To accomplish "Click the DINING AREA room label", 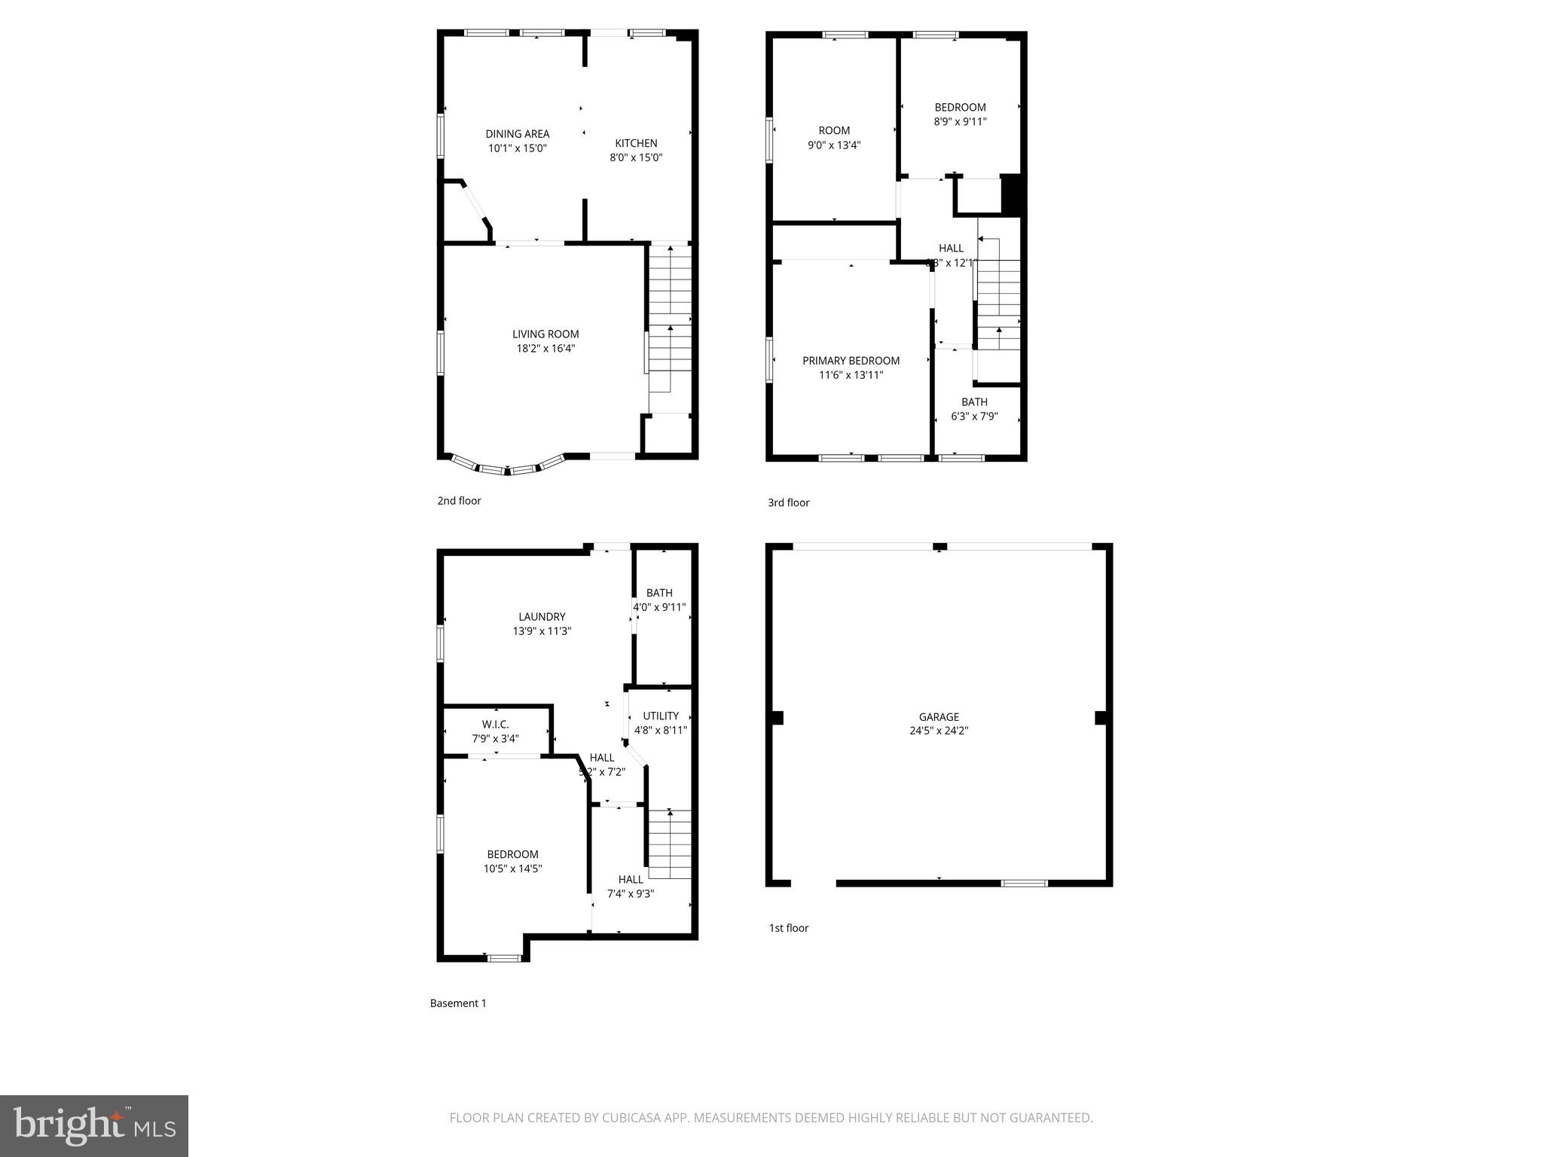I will [517, 134].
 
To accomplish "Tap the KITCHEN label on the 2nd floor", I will [636, 143].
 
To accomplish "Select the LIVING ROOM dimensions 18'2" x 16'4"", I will [545, 349].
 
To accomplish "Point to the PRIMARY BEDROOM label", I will [851, 361].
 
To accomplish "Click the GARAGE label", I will [938, 717].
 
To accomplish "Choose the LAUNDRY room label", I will [542, 617].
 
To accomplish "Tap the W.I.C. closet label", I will [495, 725].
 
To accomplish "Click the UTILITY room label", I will [661, 716].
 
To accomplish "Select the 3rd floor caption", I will [788, 502].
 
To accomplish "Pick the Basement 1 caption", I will [458, 1003].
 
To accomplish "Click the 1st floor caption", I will [788, 928].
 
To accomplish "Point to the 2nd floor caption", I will [459, 501].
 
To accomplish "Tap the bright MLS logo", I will [94, 1125].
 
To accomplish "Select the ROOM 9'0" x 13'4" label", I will [834, 138].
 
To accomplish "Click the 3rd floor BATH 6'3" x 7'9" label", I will [974, 409].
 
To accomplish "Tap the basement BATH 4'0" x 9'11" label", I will [659, 600].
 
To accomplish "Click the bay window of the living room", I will [507, 467].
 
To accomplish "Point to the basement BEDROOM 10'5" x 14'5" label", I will [512, 861].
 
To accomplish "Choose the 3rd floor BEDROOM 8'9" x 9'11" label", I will [960, 114].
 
